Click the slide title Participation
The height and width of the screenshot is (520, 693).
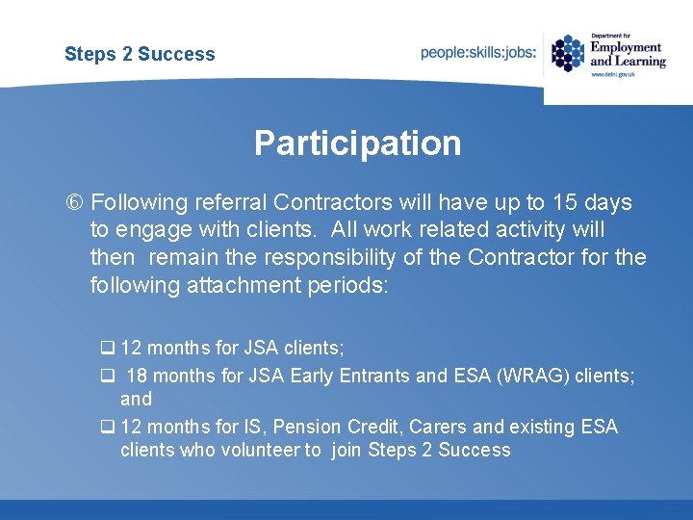pyautogui.click(x=357, y=143)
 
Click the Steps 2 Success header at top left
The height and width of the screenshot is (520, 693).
pyautogui.click(x=140, y=54)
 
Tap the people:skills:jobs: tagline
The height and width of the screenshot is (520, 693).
pyautogui.click(x=478, y=53)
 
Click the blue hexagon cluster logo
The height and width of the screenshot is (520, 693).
pyautogui.click(x=568, y=53)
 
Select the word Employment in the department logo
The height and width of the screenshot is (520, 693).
pyautogui.click(x=626, y=47)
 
